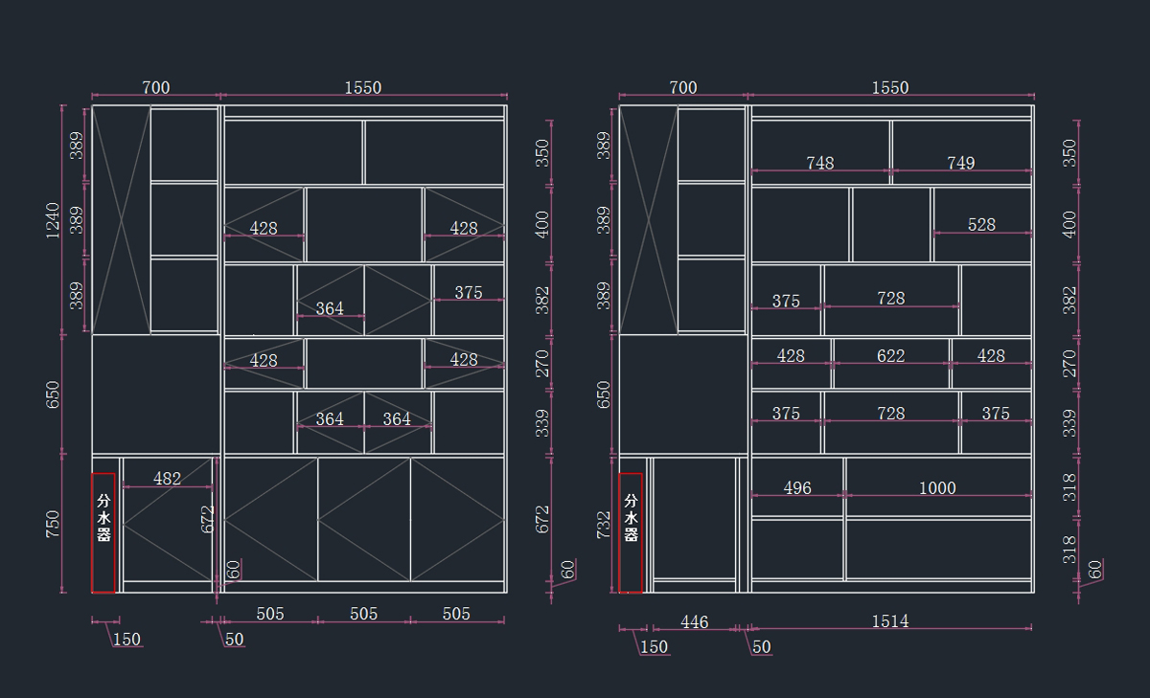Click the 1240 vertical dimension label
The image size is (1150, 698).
coord(53,220)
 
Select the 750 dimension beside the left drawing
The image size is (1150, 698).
coord(53,524)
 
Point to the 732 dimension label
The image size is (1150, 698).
coord(603,525)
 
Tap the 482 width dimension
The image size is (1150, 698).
coord(168,479)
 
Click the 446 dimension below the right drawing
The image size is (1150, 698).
coord(695,622)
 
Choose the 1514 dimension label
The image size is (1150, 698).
coord(890,621)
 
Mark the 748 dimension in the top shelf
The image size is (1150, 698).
coord(820,163)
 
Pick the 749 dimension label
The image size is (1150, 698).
coord(960,163)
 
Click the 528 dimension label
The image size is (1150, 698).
coord(981,225)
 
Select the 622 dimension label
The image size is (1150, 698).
coord(890,356)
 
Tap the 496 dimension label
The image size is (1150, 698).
coord(797,487)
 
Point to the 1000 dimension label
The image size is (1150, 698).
coord(937,487)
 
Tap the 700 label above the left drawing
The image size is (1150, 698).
coord(156,88)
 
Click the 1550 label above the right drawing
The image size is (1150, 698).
coord(890,88)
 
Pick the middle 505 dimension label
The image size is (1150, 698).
coord(363,614)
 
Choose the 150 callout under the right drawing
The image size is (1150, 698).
coord(654,647)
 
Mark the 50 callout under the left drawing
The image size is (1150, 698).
coord(234,640)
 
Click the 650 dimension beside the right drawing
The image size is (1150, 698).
coord(603,394)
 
